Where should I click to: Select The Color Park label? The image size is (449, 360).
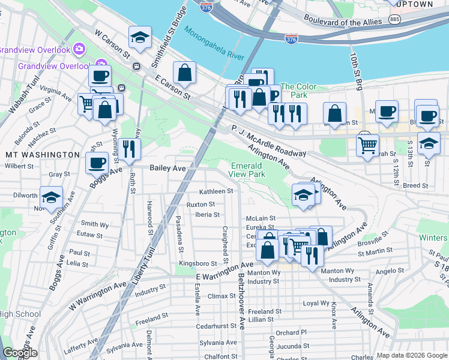coord(298,91)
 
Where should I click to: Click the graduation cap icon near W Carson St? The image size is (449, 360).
coord(140,38)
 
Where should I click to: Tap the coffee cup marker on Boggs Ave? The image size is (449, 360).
coord(97,162)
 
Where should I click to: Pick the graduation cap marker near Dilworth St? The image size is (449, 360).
coord(52,196)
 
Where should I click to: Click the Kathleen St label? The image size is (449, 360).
coord(216,191)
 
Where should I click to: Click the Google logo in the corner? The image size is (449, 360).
coord(20,353)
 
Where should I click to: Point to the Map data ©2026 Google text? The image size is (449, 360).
coord(411,355)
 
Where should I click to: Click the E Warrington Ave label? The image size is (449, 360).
coord(224,271)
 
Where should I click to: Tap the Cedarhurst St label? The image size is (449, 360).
coord(220,327)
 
